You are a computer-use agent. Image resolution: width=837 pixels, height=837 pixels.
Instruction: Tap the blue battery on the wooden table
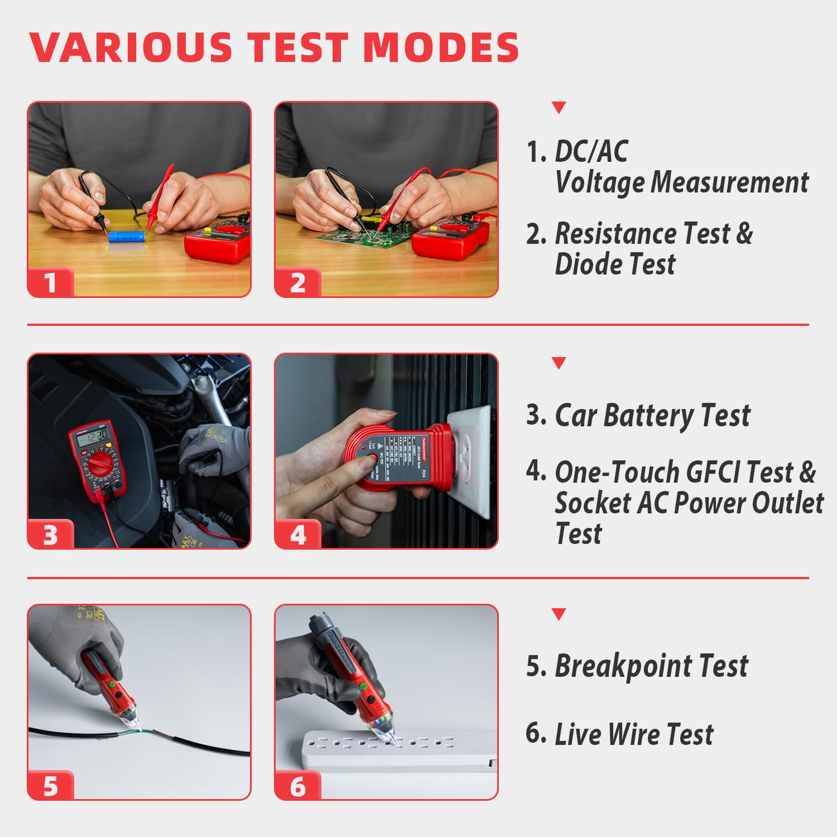tap(127, 237)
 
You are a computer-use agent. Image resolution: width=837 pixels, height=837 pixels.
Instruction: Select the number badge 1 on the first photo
tap(51, 282)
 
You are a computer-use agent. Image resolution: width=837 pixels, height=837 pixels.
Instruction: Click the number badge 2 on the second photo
tap(298, 282)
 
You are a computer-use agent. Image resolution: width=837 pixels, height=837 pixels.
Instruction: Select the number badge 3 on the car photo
tap(51, 535)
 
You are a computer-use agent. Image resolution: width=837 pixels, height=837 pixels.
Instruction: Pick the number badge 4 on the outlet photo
tap(298, 535)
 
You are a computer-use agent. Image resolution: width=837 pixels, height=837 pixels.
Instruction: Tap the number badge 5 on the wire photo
tap(51, 786)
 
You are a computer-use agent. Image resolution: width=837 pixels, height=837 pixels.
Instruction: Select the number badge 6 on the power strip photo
tap(298, 786)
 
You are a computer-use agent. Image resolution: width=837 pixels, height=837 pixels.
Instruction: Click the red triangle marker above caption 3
tap(559, 363)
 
